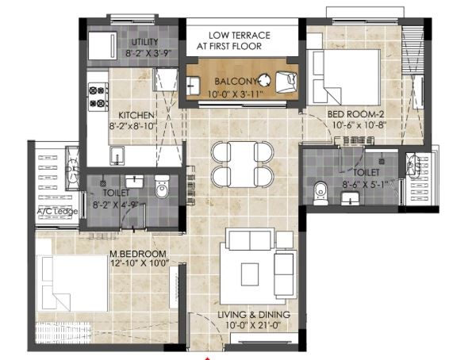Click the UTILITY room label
tap(144, 42)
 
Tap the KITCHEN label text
tap(136, 115)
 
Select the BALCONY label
tap(236, 82)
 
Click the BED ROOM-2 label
tap(356, 114)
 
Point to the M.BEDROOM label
tap(138, 254)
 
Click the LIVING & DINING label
tap(254, 314)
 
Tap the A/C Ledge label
tap(57, 212)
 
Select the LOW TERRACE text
tap(240, 36)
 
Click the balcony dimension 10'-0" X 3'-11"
tap(236, 94)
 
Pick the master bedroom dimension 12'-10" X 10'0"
tap(140, 263)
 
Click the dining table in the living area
tap(242, 164)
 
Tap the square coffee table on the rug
tap(250, 274)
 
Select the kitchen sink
tap(117, 156)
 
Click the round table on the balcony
tap(264, 80)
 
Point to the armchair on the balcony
tap(286, 82)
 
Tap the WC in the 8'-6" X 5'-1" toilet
tap(321, 193)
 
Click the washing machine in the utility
tap(102, 46)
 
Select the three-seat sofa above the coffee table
tap(250, 239)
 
